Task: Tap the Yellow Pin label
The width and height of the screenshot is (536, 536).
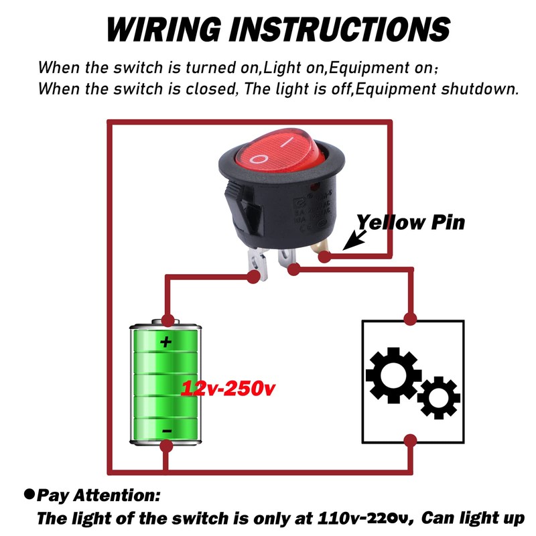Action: click(410, 222)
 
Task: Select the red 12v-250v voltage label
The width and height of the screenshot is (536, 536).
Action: click(228, 389)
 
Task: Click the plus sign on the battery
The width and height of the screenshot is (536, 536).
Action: click(165, 342)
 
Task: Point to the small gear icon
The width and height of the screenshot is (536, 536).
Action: click(438, 397)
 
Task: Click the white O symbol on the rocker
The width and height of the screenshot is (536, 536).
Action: click(259, 158)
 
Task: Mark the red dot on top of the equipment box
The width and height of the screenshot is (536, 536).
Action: click(410, 317)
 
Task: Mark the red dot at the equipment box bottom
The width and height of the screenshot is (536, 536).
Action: click(410, 441)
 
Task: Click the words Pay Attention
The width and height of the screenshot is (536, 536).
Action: click(98, 496)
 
